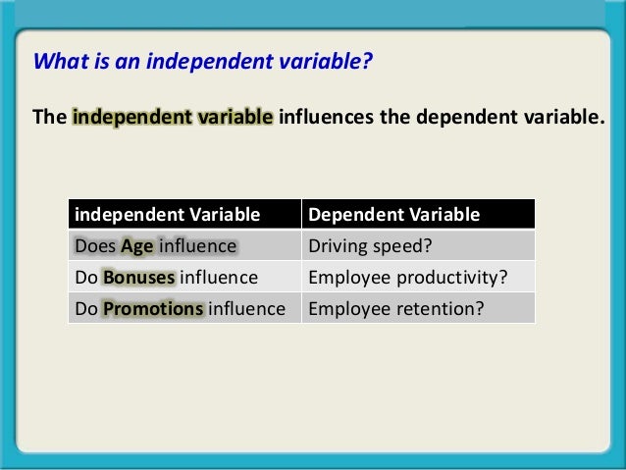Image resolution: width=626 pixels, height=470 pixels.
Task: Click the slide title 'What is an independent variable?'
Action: click(203, 63)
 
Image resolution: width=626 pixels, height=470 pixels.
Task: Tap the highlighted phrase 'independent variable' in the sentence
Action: click(173, 119)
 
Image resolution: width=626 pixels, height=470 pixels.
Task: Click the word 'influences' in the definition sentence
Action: click(327, 119)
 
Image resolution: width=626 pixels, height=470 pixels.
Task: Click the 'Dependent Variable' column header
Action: click(393, 214)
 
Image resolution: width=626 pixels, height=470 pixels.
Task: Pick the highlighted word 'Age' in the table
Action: click(136, 245)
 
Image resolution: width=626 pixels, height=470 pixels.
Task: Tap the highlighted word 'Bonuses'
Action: click(138, 277)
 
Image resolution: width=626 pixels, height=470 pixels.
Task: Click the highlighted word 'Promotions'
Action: click(153, 309)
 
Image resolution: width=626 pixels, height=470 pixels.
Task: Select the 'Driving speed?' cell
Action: click(363, 245)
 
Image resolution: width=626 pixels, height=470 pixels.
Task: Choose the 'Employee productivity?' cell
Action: click(407, 277)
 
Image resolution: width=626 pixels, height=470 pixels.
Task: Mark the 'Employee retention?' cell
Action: click(396, 309)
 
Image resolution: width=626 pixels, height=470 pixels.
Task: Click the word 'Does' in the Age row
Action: click(95, 245)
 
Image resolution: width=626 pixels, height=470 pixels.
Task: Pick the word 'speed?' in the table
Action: click(391, 245)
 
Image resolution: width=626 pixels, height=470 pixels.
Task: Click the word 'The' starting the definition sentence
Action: click(49, 119)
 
